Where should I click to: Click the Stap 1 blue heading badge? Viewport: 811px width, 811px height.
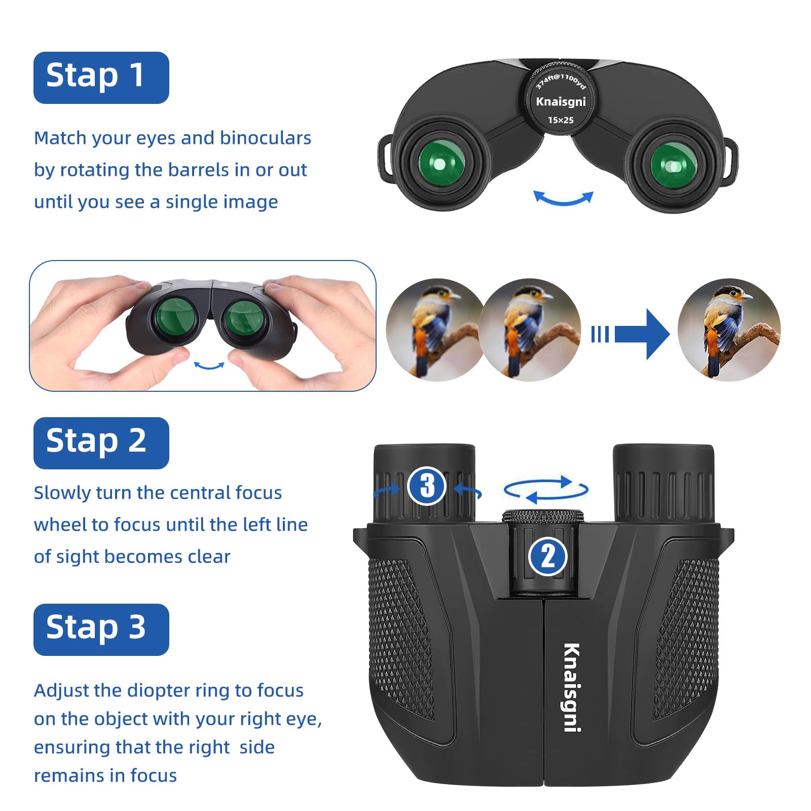[x=101, y=78]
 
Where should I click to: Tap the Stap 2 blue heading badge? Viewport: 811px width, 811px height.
[x=101, y=443]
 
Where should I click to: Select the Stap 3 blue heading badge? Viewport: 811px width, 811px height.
[x=101, y=629]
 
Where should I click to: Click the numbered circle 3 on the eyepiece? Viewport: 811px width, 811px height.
[x=427, y=486]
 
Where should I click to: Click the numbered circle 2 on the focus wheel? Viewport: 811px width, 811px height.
[x=548, y=557]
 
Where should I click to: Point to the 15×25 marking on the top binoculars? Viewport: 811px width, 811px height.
[x=561, y=120]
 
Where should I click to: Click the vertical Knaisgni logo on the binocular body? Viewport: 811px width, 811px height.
[x=572, y=687]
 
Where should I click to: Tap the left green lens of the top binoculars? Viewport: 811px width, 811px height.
[x=441, y=163]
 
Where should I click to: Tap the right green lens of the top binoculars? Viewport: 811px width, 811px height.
[x=673, y=165]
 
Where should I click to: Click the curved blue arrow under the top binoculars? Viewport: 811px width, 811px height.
[x=563, y=199]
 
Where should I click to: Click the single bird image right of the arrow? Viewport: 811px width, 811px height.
[x=728, y=330]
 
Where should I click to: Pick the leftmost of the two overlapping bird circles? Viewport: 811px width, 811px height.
[x=431, y=330]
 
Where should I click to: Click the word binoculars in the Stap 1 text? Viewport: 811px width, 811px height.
[x=266, y=138]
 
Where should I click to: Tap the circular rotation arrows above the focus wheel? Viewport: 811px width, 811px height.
[x=546, y=490]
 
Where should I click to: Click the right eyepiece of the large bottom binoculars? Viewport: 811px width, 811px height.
[x=663, y=484]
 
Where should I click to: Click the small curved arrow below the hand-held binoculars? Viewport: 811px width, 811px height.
[x=209, y=365]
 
